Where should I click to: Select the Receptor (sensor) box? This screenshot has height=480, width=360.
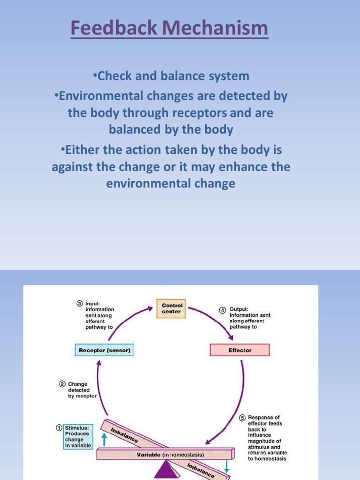[x=105, y=350]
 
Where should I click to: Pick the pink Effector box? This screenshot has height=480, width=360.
[x=240, y=350]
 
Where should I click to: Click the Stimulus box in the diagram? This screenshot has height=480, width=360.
[x=78, y=436]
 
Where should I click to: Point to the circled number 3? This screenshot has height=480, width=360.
[x=80, y=303]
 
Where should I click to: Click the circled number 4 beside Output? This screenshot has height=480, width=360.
[x=223, y=310]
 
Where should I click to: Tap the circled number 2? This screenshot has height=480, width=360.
[x=62, y=384]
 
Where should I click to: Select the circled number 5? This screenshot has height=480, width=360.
[x=242, y=418]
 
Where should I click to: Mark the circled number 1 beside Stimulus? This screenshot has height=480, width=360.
[x=59, y=427]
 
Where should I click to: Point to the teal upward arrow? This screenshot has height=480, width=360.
[x=104, y=439]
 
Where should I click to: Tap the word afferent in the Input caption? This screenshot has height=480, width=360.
[x=95, y=322]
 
